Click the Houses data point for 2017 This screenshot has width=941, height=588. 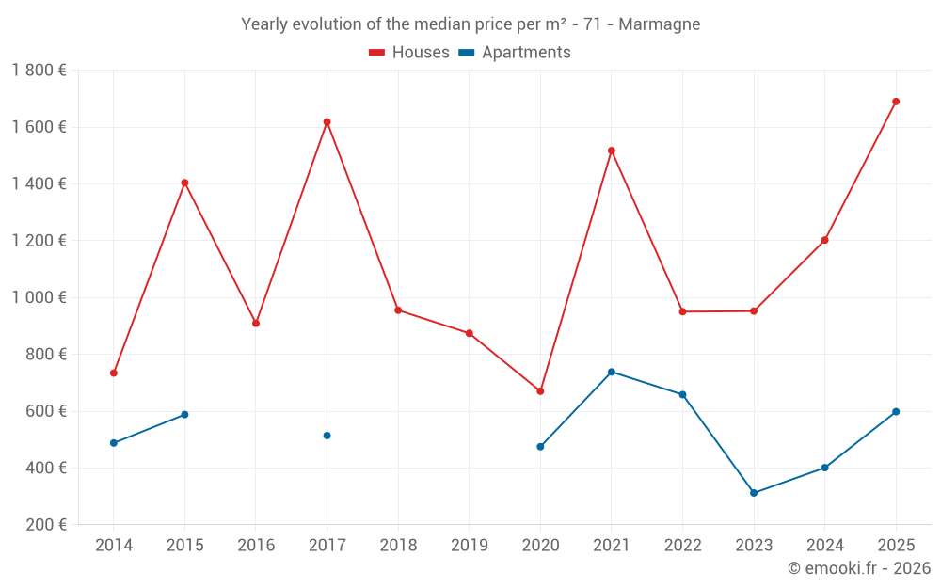click(327, 121)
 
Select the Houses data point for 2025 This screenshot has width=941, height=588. click(896, 102)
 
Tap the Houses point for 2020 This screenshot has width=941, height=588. click(540, 391)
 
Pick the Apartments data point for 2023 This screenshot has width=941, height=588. click(754, 493)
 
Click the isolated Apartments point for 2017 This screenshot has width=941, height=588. click(327, 436)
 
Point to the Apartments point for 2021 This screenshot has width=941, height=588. click(612, 372)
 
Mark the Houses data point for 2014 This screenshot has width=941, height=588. click(114, 373)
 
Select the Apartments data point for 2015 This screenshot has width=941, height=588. click(184, 415)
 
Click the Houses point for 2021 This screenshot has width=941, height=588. click(612, 151)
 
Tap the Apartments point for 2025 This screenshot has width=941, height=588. click(896, 412)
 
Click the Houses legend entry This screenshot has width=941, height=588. click(409, 53)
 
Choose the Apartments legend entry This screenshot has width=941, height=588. click(515, 53)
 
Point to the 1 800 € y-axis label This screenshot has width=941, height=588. click(39, 71)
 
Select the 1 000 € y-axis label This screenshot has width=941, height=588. click(39, 297)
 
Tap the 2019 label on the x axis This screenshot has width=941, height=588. click(470, 546)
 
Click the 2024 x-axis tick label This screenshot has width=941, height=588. click(824, 546)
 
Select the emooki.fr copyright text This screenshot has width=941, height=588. click(859, 568)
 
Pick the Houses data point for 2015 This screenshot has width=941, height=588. click(184, 183)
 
